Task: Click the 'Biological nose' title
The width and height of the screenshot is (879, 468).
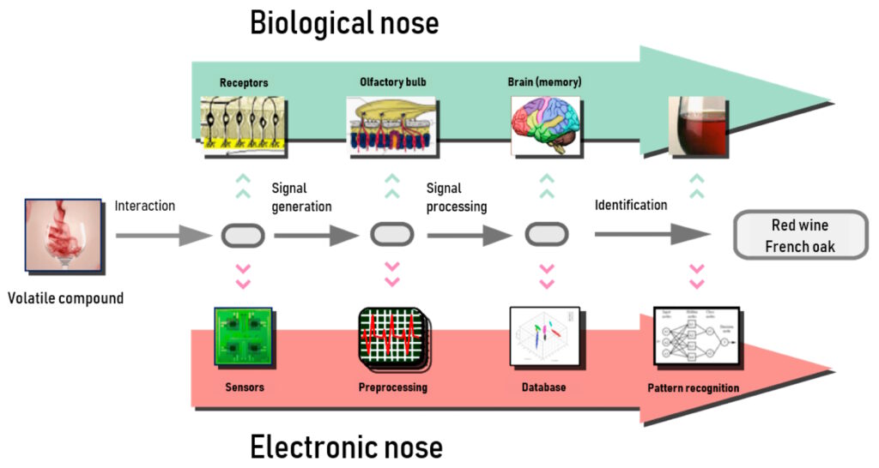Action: (344, 23)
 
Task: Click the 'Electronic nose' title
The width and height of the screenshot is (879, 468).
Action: (347, 447)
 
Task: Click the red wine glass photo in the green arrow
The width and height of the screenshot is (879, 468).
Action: (697, 126)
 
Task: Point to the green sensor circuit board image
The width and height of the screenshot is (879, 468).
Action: (243, 339)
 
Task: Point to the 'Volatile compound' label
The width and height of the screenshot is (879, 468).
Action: (66, 299)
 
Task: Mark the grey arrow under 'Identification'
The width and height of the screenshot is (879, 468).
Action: (652, 233)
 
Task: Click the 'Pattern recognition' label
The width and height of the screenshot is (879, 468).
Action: (693, 388)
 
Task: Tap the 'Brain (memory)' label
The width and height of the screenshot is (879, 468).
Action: (545, 82)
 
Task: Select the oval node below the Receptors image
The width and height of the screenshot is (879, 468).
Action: (242, 234)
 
